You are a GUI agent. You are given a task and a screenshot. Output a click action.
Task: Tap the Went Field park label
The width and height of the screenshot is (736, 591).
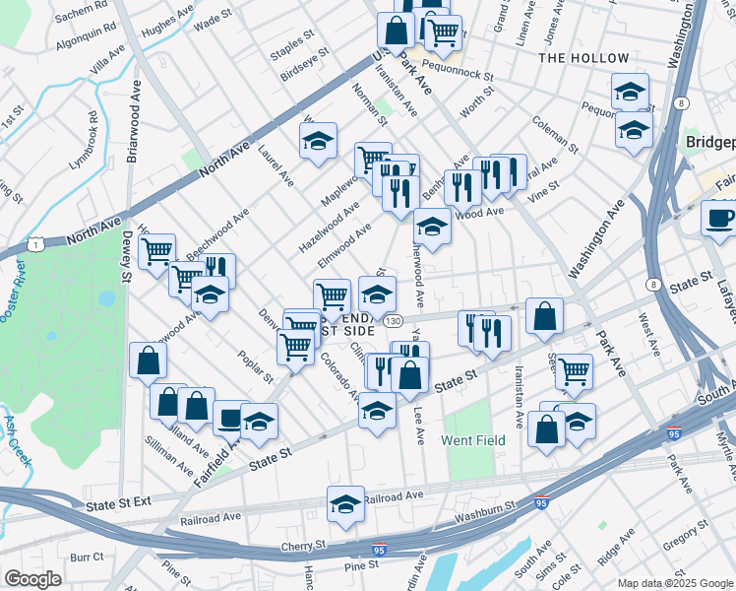pyautogui.click(x=473, y=440)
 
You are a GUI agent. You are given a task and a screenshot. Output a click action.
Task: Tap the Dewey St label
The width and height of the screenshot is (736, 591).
pyautogui.click(x=126, y=256)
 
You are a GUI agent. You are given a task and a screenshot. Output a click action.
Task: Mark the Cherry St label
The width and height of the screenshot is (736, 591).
pyautogui.click(x=306, y=544)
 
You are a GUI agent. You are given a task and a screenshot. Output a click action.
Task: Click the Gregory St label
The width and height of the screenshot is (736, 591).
pyautogui.click(x=680, y=542)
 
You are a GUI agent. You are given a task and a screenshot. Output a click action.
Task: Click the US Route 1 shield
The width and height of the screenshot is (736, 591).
pyautogui.click(x=37, y=242)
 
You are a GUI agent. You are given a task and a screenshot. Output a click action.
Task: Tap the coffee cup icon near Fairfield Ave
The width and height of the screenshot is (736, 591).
pyautogui.click(x=231, y=418)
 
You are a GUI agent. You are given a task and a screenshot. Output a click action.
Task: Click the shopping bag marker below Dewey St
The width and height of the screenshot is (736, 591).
pyautogui.click(x=147, y=361)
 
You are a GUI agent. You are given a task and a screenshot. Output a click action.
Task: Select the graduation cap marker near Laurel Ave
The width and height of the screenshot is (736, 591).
pyautogui.click(x=318, y=142)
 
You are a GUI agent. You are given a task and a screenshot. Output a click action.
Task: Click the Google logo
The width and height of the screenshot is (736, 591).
pyautogui.click(x=33, y=578)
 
